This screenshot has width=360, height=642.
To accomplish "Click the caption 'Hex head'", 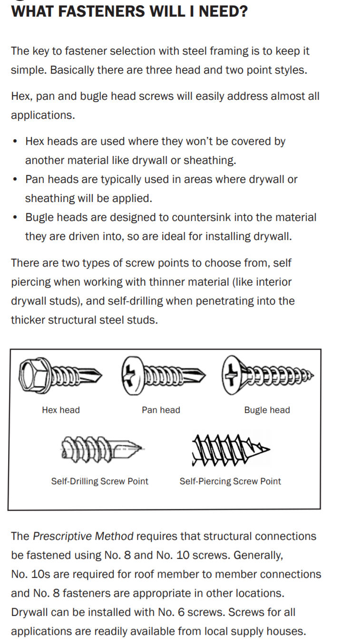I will (61, 410).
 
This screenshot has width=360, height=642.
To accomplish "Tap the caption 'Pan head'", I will (161, 410).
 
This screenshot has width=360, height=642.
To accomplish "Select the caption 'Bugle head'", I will (267, 410).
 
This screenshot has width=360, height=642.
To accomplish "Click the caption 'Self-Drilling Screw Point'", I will (99, 481).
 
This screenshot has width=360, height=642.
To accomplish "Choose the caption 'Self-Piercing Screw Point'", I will (230, 481).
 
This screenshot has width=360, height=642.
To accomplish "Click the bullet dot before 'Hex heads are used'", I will (16, 142).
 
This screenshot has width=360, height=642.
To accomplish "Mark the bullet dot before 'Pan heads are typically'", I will (16, 180).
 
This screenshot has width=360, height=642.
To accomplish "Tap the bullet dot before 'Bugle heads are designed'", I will (16, 218).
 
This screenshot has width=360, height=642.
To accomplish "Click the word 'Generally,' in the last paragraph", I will (259, 556).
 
